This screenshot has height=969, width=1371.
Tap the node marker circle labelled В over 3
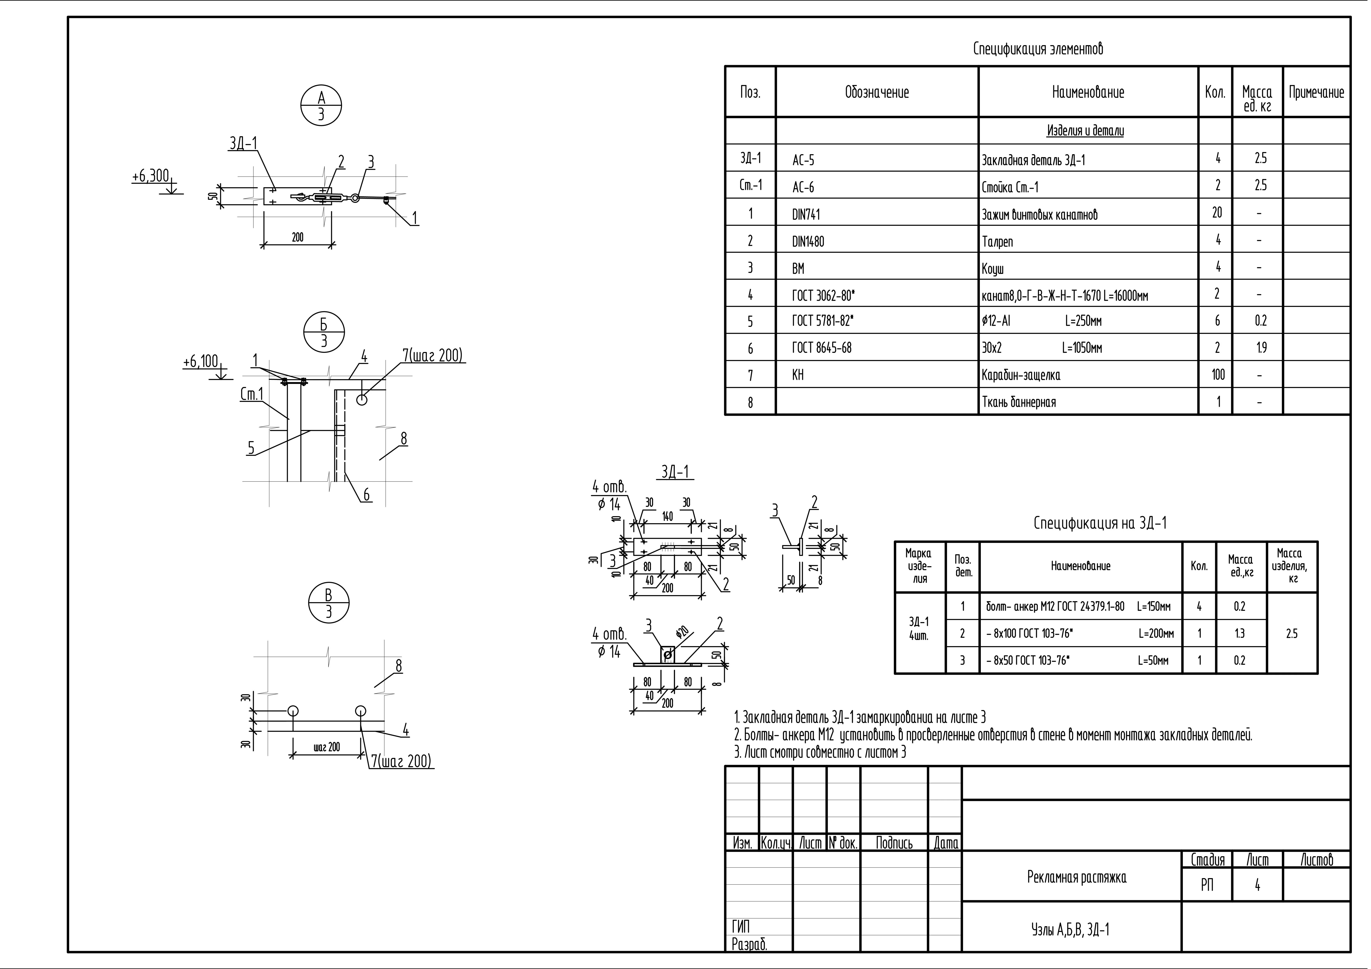tap(328, 603)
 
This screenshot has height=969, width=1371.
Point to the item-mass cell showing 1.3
tap(1240, 633)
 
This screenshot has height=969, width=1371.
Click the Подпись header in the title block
tap(894, 843)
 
